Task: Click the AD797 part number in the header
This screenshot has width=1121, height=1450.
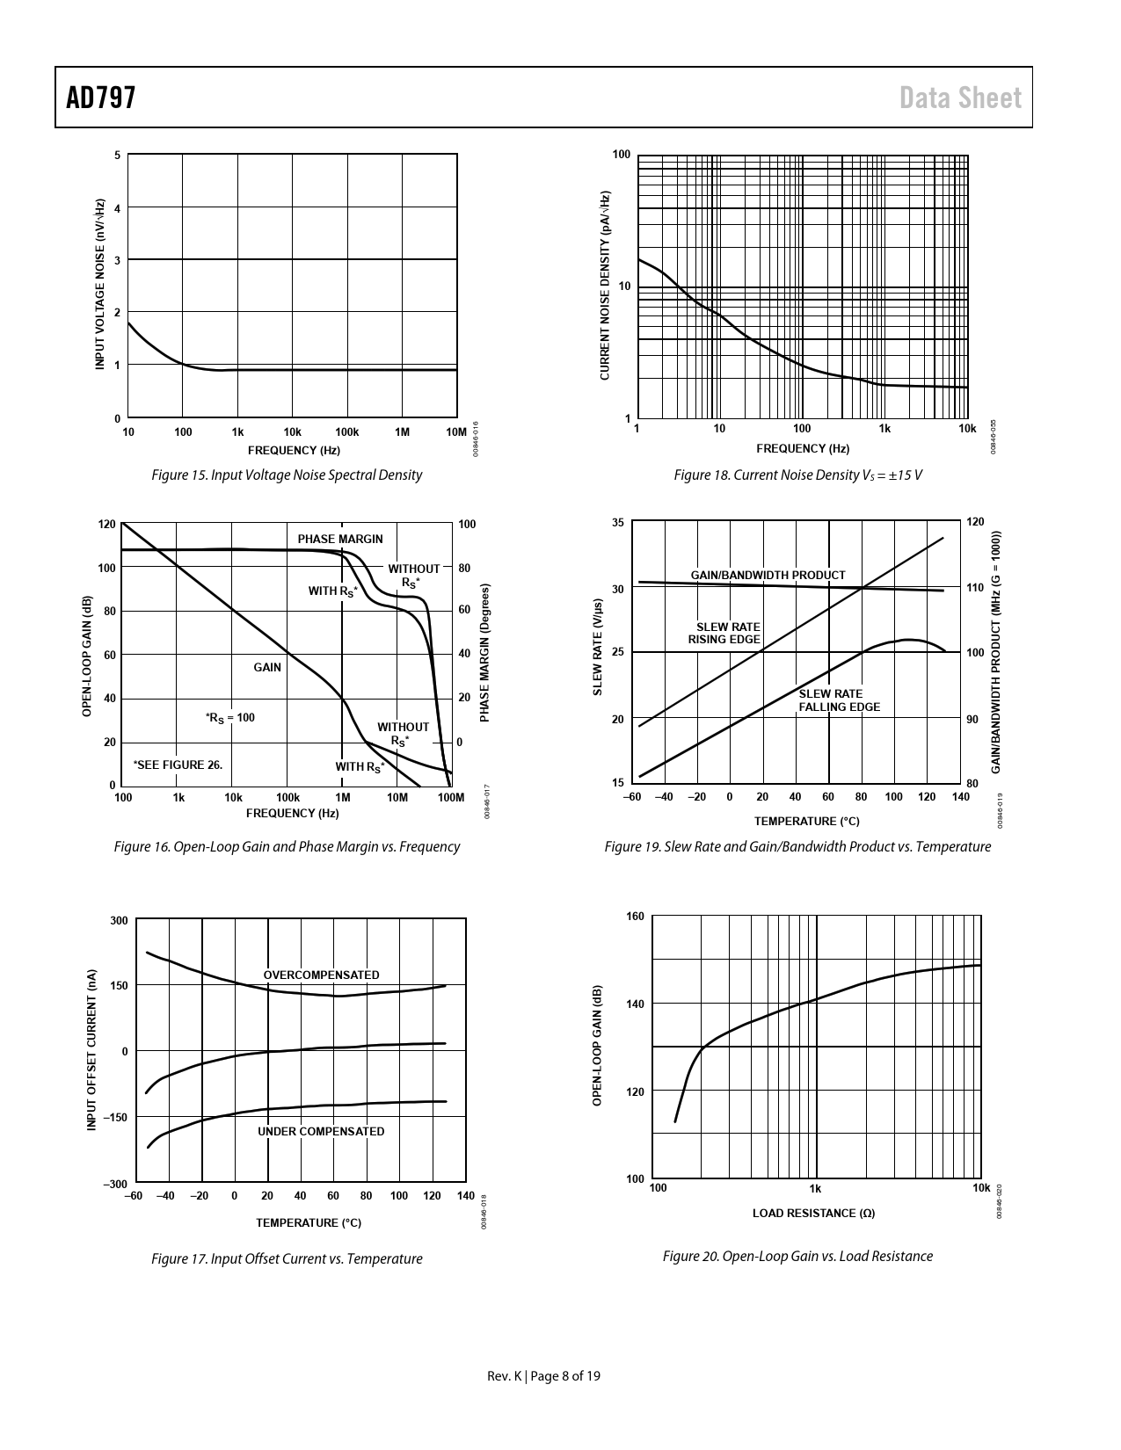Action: [101, 98]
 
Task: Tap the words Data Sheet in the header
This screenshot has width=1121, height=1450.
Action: [961, 98]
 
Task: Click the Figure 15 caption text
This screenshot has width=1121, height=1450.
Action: [287, 475]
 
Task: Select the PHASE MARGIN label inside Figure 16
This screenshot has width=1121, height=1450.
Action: [340, 539]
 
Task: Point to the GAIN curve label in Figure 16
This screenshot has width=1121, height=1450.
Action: [267, 668]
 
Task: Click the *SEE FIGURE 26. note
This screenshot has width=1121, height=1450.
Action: [178, 765]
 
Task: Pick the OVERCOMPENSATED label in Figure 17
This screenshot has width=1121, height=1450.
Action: [322, 975]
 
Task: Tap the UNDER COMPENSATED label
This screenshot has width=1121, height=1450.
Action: [321, 1132]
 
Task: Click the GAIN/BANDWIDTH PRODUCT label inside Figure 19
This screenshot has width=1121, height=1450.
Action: [768, 575]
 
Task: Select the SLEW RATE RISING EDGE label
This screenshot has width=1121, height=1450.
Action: [725, 633]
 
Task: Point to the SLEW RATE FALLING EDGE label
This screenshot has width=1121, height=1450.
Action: [839, 700]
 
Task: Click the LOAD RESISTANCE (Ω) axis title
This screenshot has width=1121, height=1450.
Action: [813, 1214]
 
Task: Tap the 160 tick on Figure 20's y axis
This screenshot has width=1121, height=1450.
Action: [635, 917]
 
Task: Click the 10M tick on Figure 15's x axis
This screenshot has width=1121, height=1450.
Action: [455, 432]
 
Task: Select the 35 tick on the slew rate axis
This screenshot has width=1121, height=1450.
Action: [617, 523]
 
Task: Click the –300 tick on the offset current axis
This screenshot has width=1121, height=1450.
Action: [115, 1184]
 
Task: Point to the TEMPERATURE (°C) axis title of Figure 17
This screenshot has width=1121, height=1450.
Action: [309, 1222]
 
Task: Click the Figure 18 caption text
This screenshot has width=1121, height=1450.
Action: [797, 475]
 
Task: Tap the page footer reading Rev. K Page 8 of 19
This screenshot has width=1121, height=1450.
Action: [544, 1376]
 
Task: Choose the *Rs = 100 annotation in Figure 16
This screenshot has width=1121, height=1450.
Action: [229, 718]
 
